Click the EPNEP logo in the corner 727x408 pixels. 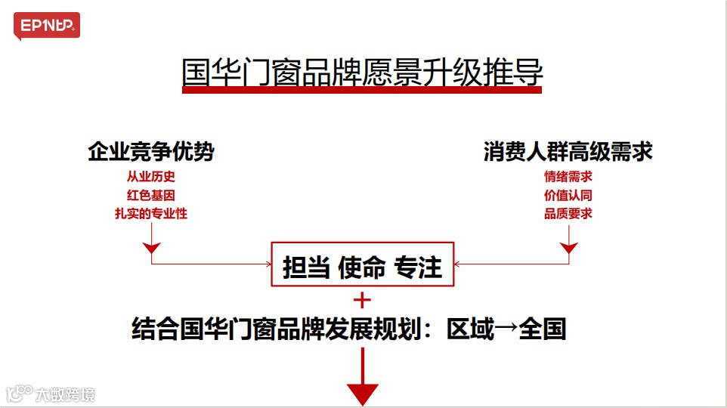pos(46,26)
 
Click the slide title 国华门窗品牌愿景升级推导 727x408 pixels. pos(363,74)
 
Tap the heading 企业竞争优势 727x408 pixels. pos(151,153)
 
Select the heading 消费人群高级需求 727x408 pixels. pos(568,153)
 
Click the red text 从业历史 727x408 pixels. pos(151,178)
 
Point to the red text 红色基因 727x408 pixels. pos(151,196)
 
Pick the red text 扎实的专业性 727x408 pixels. pos(151,214)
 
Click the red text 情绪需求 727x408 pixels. pos(568,178)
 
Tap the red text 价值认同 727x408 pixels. pos(568,196)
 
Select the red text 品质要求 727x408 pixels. pos(568,214)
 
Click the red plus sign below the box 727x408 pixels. pos(363,300)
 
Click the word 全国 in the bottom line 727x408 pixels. pos(542,330)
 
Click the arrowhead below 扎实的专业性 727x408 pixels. pos(152,248)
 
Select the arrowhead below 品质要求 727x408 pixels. pos(568,248)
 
